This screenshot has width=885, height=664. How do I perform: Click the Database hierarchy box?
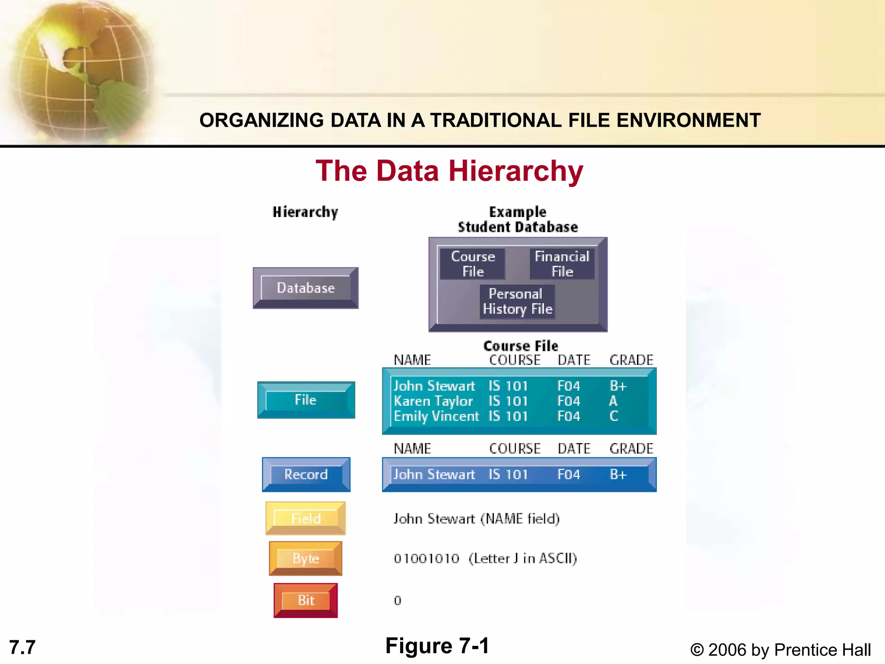[x=306, y=288]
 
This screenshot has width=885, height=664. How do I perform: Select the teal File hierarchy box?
[x=306, y=400]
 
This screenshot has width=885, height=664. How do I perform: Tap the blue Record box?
[x=306, y=474]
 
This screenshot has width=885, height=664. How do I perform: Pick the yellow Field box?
[x=306, y=518]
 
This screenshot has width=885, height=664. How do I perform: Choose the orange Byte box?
[x=306, y=558]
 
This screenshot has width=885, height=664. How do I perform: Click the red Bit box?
[x=306, y=600]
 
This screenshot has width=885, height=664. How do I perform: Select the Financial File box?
[x=562, y=264]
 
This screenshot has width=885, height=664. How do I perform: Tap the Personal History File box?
[x=517, y=301]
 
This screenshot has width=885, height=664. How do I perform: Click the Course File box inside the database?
[x=473, y=264]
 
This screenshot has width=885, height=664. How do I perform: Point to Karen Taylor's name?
[x=433, y=401]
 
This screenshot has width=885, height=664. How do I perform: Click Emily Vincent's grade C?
[x=614, y=416]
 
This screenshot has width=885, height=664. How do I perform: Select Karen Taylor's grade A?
[x=613, y=401]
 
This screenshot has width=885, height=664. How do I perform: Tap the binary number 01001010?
[x=426, y=559]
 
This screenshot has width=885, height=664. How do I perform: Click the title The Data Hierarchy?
[x=449, y=171]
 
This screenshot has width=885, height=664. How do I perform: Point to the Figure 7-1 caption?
[x=437, y=646]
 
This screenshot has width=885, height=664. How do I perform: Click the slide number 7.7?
[x=22, y=648]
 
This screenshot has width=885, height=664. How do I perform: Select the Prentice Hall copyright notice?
[x=780, y=650]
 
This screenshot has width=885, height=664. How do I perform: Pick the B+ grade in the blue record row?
[x=618, y=475]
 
